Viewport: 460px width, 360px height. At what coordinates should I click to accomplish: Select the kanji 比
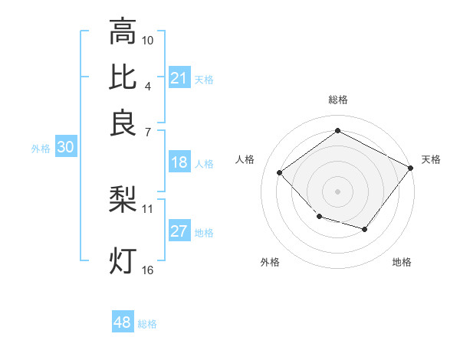[x=123, y=77]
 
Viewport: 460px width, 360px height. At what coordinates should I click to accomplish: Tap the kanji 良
[x=123, y=123]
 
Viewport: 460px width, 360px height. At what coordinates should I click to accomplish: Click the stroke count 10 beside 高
[x=148, y=40]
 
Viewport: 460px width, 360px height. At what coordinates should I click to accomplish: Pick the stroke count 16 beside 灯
[x=148, y=270]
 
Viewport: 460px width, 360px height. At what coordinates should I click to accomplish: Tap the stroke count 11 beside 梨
[x=148, y=208]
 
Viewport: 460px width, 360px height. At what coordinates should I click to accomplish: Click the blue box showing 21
[x=179, y=77]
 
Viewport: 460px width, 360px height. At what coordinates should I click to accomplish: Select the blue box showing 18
[x=179, y=162]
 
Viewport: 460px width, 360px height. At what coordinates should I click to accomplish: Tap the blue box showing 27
[x=179, y=231]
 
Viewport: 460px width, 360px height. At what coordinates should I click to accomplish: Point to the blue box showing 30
[x=65, y=148]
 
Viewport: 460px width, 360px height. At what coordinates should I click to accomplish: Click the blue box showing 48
[x=123, y=322]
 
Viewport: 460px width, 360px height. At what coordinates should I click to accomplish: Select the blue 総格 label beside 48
[x=147, y=324]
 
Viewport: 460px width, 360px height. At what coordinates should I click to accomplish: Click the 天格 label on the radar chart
[x=431, y=159]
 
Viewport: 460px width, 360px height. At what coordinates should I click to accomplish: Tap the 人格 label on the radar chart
[x=245, y=159]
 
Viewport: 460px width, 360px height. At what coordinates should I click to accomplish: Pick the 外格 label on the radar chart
[x=270, y=262]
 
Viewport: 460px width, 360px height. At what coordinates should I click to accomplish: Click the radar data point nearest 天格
[x=409, y=169]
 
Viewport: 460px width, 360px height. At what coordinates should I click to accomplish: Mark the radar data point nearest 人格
[x=280, y=173]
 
